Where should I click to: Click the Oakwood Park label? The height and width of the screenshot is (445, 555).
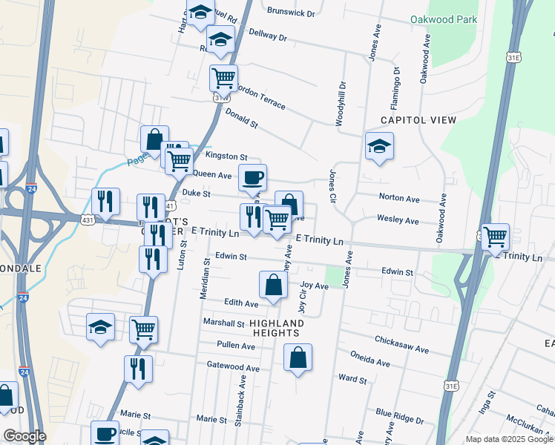pyautogui.click(x=443, y=19)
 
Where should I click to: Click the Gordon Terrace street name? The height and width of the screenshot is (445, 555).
pyautogui.click(x=260, y=96)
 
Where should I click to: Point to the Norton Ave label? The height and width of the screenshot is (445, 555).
pyautogui.click(x=399, y=199)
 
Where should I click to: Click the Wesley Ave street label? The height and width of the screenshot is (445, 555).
pyautogui.click(x=398, y=221)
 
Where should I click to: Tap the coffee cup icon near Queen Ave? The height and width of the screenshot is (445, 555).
pyautogui.click(x=252, y=177)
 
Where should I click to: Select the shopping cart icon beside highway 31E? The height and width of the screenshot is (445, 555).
pyautogui.click(x=495, y=237)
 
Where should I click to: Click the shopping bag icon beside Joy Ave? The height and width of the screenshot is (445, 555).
pyautogui.click(x=273, y=285)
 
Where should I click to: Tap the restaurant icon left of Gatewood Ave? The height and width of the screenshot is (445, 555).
pyautogui.click(x=138, y=369)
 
